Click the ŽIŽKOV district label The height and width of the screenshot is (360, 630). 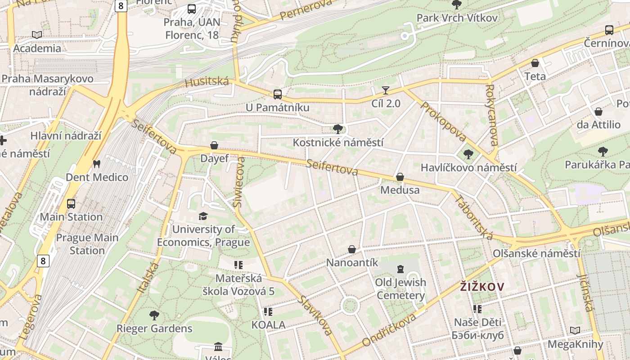[x=482, y=286]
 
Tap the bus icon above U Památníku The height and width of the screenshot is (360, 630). [x=278, y=94]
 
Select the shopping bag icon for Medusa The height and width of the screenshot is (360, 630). [x=400, y=177]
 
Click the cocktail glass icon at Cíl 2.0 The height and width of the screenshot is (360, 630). [x=386, y=90]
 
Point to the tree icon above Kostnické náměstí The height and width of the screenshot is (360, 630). [x=338, y=130]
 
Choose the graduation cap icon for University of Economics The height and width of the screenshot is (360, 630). [x=203, y=216]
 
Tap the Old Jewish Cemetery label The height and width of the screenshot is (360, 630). [x=400, y=289]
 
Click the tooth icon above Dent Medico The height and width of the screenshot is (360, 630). [x=96, y=164]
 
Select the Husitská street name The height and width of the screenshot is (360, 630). [x=207, y=82]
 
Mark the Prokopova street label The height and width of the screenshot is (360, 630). [x=443, y=121]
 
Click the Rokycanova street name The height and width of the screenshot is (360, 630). [x=491, y=115]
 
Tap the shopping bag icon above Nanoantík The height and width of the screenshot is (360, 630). [x=352, y=249]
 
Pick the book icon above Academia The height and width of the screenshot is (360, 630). [x=37, y=35]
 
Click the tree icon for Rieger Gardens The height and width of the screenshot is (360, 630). [x=154, y=315]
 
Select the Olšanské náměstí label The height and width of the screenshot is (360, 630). [x=536, y=253]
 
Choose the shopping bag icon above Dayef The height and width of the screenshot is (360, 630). [x=214, y=146]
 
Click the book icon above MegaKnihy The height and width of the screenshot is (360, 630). [x=575, y=331]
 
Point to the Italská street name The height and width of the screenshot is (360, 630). [x=148, y=279]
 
